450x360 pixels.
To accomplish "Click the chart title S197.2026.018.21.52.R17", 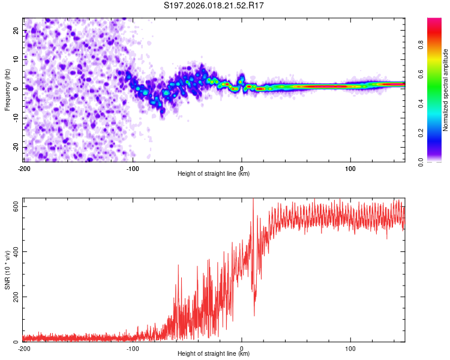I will (x=214, y=6).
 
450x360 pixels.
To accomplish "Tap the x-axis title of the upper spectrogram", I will (x=214, y=173).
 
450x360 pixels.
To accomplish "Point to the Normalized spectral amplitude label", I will (x=445, y=90).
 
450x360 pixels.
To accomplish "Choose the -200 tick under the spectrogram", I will (x=24, y=167).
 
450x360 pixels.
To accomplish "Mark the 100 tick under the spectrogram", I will (x=351, y=167).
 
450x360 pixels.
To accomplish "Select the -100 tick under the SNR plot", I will (x=133, y=348).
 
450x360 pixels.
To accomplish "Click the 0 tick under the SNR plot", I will (x=242, y=348).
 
